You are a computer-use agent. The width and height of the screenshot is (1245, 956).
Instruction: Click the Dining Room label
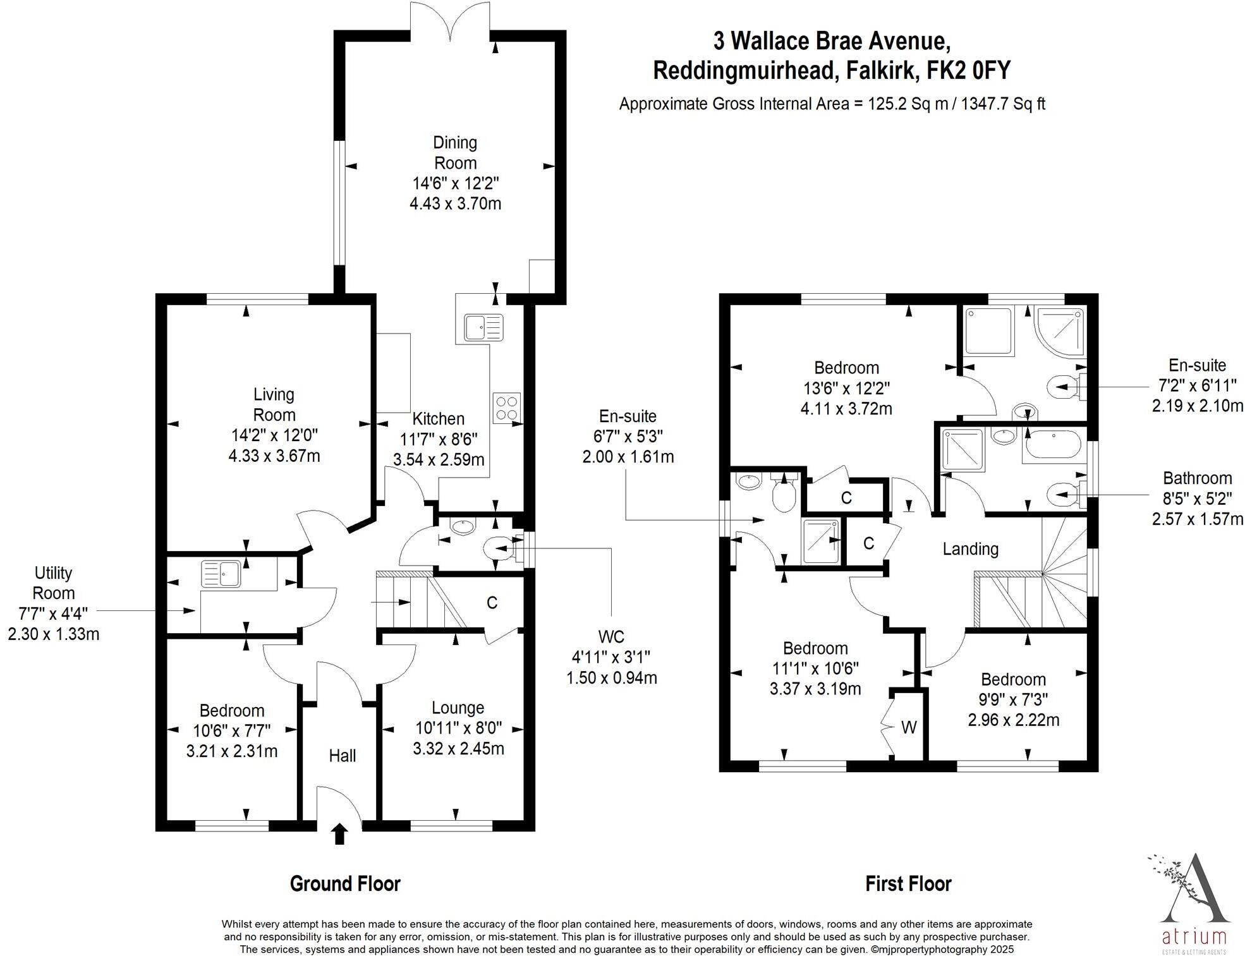[x=455, y=153]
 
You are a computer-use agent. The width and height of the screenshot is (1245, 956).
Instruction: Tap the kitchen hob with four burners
[x=507, y=407]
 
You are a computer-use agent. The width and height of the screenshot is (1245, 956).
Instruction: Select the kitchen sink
[x=483, y=327]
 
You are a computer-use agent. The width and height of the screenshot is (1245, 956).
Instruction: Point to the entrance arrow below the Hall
[x=340, y=833]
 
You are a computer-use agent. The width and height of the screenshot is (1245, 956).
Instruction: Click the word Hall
[x=342, y=756]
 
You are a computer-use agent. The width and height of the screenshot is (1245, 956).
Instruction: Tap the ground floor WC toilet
[x=499, y=547]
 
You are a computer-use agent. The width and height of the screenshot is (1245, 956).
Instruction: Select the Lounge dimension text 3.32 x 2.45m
[x=458, y=749]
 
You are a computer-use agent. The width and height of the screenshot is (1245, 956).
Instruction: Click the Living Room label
[x=274, y=404]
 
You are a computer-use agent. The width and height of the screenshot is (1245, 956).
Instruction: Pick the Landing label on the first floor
[x=970, y=549]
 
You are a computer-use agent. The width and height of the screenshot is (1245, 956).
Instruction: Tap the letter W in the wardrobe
[x=908, y=728]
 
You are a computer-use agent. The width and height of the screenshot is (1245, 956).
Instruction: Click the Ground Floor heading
[x=345, y=883]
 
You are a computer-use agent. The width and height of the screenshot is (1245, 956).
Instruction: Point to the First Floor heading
[x=908, y=883]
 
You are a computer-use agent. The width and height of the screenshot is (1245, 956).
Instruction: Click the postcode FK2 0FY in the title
[x=968, y=70]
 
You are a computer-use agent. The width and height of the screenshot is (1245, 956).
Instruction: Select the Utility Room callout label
[x=54, y=583]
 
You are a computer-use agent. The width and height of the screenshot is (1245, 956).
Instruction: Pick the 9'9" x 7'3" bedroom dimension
[x=1014, y=699]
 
